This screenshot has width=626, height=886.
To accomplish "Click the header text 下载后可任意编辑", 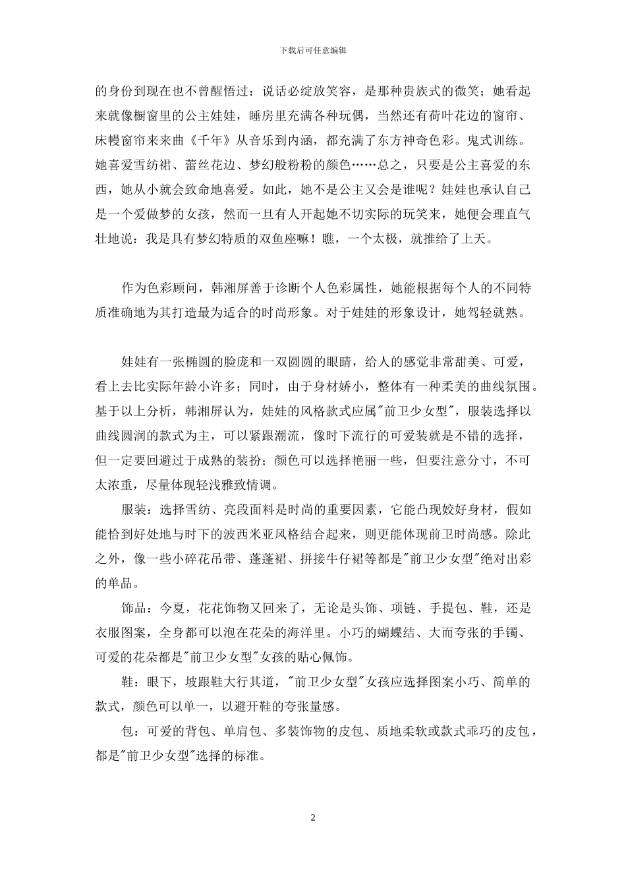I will [x=313, y=50].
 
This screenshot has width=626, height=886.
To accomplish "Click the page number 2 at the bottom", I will [x=313, y=817].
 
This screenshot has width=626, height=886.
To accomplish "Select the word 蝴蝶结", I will [x=391, y=633].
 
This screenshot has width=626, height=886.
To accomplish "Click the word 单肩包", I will [x=241, y=730].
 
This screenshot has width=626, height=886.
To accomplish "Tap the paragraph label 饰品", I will [x=134, y=608].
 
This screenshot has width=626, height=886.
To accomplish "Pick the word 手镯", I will [x=518, y=633].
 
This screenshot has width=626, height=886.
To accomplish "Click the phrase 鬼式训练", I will [x=499, y=141].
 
